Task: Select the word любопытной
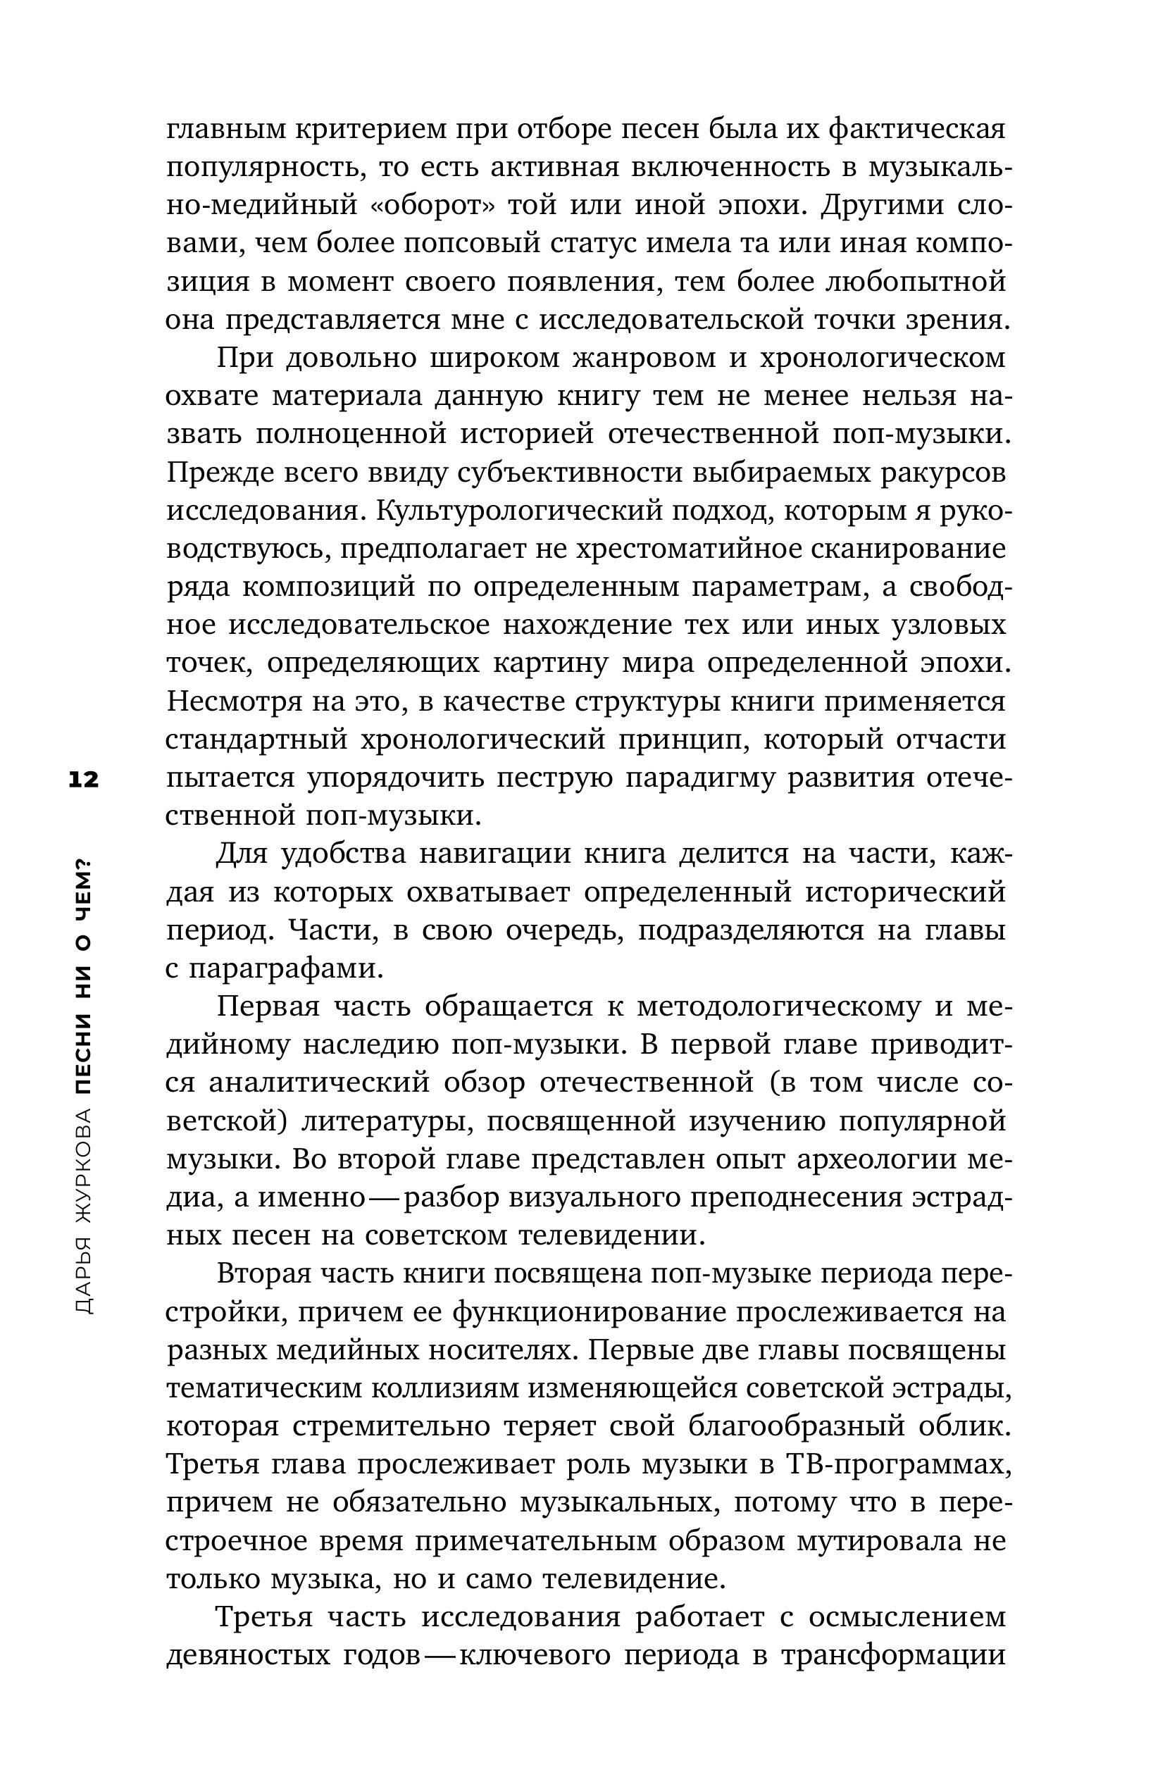point(915,282)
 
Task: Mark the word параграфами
point(285,970)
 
